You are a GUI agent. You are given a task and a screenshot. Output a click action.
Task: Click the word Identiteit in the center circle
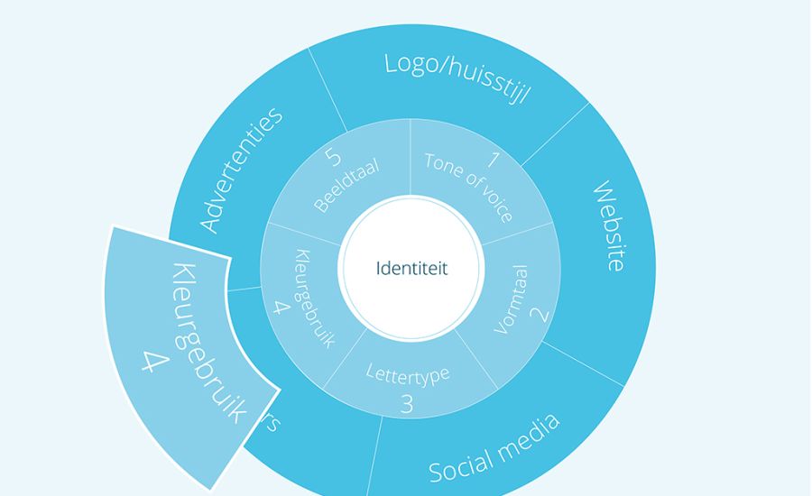coord(411,268)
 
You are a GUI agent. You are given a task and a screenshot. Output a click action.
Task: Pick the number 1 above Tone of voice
coord(493,161)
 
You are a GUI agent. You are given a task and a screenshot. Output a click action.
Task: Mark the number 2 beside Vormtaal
coord(539,315)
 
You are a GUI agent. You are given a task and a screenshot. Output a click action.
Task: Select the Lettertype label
coord(407,372)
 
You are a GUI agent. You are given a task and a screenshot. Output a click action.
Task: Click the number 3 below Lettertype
coord(406,404)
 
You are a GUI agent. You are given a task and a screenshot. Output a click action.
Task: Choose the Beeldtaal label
coord(346,185)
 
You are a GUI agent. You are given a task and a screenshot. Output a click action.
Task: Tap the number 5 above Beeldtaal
coord(333,158)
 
